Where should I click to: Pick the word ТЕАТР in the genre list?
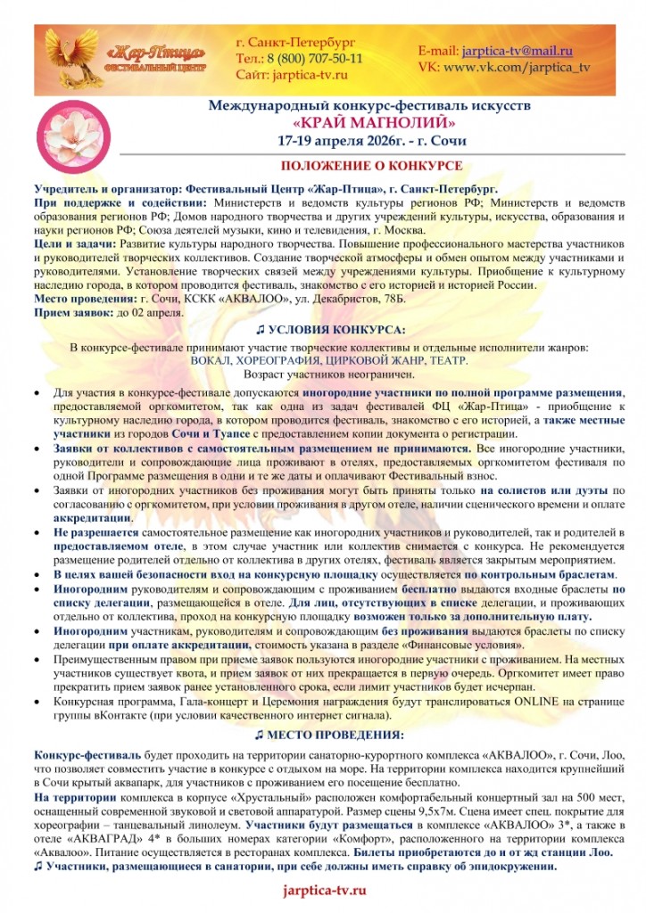(446, 360)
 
